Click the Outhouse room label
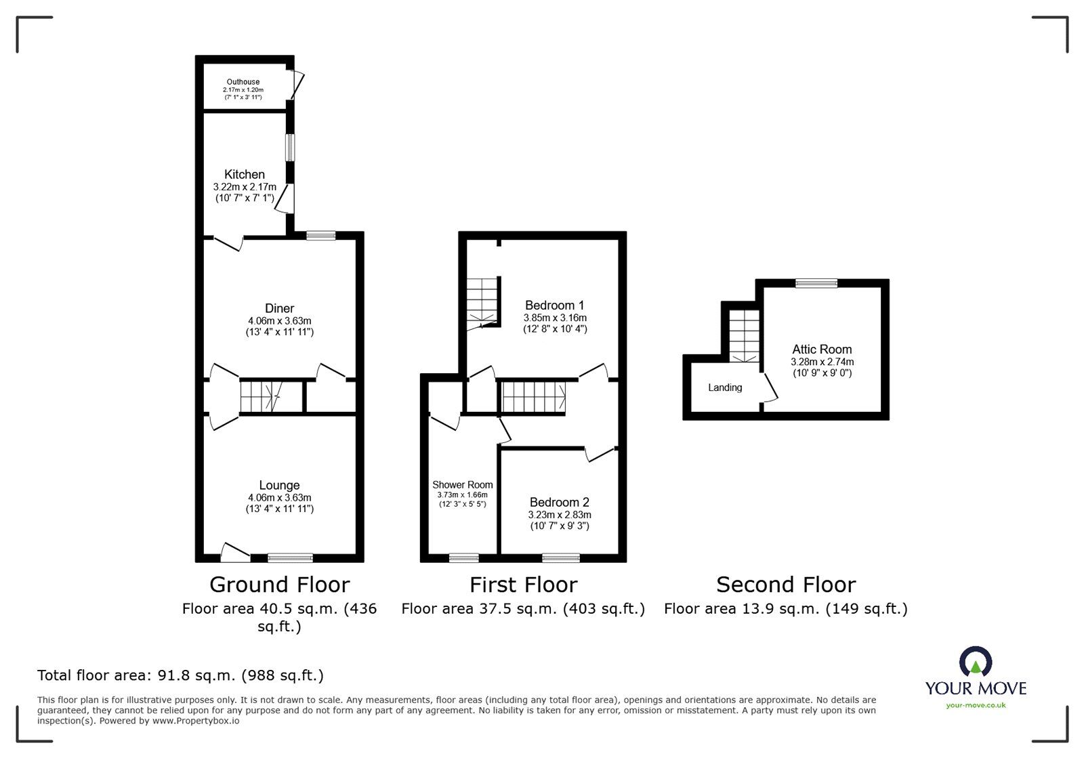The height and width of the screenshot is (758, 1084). tap(243, 82)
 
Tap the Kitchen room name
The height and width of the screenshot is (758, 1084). tap(245, 174)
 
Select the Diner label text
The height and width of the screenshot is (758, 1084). tap(279, 308)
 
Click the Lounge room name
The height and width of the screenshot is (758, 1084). tap(279, 485)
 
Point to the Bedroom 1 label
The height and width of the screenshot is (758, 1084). tap(555, 306)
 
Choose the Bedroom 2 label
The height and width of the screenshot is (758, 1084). tap(560, 502)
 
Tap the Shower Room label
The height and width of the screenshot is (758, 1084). tap(462, 485)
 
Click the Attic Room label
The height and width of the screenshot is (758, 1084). tap(822, 350)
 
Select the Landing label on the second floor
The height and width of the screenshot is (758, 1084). tap(725, 387)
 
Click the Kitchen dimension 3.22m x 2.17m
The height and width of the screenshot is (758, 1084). tap(245, 187)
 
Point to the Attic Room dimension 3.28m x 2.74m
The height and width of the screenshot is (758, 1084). tap(822, 362)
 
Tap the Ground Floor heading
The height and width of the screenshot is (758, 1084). tap(279, 585)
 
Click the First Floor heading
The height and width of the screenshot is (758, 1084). tap(524, 585)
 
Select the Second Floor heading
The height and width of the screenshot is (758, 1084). tap(786, 585)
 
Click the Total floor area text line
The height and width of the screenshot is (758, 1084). tap(180, 675)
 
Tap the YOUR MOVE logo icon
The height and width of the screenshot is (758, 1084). tap(976, 660)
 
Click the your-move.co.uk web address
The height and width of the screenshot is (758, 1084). tap(976, 705)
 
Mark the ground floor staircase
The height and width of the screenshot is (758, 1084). tap(262, 397)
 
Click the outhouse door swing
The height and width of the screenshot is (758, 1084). tap(298, 85)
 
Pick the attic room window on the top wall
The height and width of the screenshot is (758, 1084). tap(816, 283)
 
